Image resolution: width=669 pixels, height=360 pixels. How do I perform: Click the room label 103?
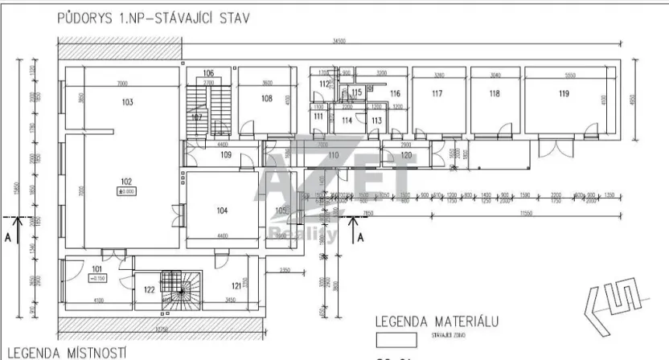click(126, 102)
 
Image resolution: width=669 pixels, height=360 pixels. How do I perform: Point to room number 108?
click(267, 98)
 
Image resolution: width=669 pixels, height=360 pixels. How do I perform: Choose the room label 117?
click(437, 94)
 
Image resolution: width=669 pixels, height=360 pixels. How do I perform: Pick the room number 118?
click(494, 94)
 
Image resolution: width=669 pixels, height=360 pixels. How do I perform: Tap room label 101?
click(97, 269)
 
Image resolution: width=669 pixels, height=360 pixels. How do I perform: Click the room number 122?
click(149, 289)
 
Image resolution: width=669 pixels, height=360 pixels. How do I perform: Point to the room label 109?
click(226, 154)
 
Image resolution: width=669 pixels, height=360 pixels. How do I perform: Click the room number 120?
click(406, 154)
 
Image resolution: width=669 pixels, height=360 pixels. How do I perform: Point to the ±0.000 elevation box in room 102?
click(125, 191)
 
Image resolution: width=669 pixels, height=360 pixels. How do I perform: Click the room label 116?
click(395, 94)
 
